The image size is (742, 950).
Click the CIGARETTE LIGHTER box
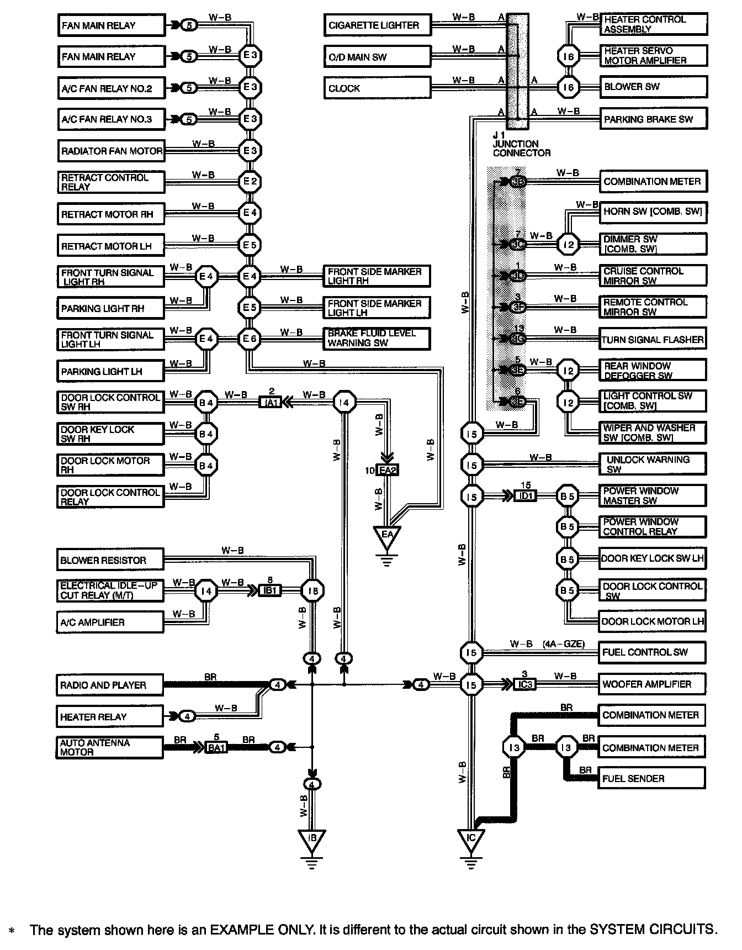coord(377,25)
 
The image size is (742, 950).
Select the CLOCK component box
coord(377,88)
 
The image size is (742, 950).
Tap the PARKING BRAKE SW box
coord(653,119)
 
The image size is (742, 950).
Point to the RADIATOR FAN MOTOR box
coord(111,151)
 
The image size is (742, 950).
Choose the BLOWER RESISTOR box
coord(110,560)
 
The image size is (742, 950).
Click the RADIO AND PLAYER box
coord(110,685)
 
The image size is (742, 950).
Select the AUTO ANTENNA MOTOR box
coord(110,748)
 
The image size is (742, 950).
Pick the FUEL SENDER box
coord(652,779)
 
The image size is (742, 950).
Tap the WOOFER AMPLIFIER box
coord(652,684)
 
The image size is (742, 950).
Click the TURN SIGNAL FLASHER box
coord(653,340)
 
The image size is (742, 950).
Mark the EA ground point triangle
coord(387,536)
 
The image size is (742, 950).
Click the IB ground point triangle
coord(312,840)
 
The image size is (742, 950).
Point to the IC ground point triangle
coord(470,840)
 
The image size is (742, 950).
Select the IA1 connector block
coord(271,403)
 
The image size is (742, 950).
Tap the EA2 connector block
coord(388,471)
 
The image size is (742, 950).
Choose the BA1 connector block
coord(216,748)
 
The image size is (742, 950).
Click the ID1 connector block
coord(525,496)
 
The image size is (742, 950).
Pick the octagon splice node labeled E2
coord(250,182)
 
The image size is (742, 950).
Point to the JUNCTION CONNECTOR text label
coord(521,148)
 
